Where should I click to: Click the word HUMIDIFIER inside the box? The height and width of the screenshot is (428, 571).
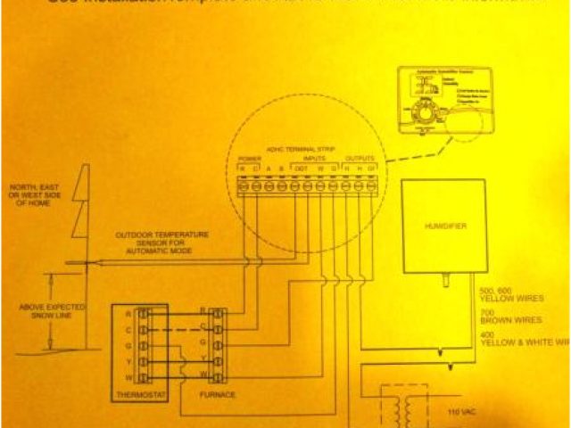[x=450, y=228]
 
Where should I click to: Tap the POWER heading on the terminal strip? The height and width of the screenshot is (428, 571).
[x=249, y=159]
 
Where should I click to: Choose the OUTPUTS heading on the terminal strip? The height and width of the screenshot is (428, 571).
[x=360, y=159]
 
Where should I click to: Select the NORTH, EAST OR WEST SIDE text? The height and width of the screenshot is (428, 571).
[x=36, y=195]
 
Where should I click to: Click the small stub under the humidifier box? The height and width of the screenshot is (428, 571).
[x=444, y=282]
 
